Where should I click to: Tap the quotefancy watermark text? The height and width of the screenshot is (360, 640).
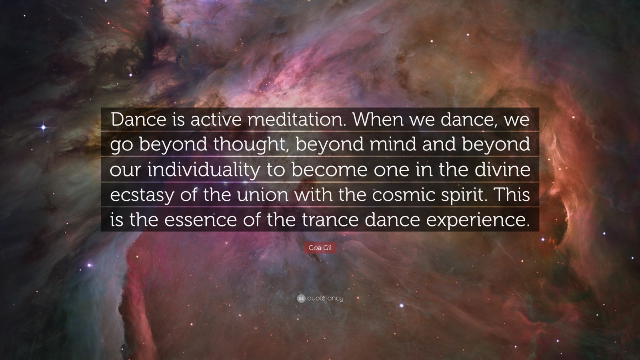tap(325, 298)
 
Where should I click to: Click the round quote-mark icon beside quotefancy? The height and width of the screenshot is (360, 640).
tap(301, 298)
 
